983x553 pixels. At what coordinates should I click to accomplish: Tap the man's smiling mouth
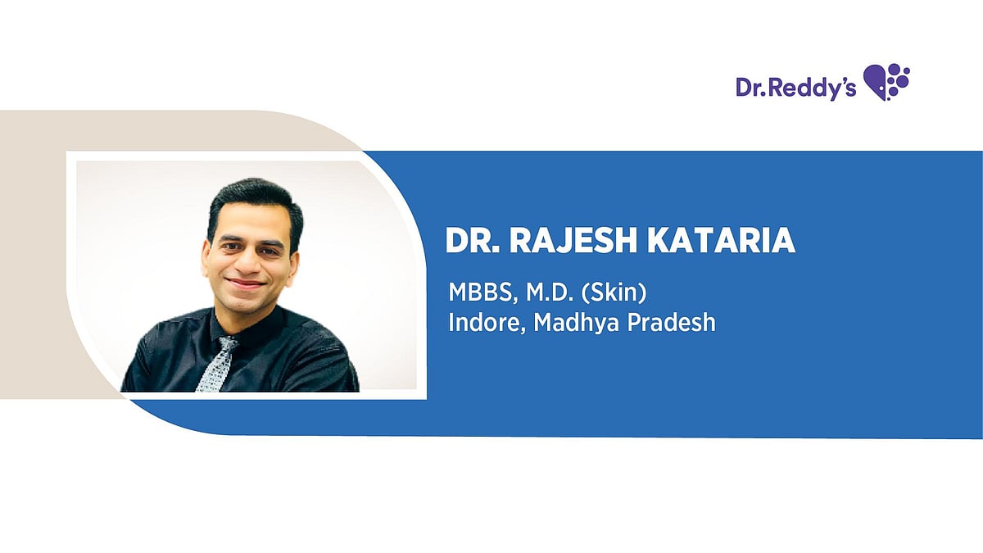coord(247,284)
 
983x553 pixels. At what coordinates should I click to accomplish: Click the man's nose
coord(248,263)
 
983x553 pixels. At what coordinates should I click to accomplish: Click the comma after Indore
coord(524,330)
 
